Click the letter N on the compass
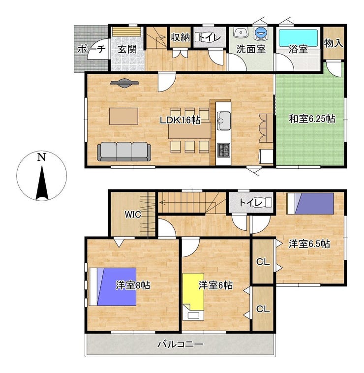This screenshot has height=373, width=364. coord(42,157)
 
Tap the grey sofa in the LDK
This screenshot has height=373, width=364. coord(124,152)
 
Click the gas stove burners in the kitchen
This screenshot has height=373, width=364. coord(224,150)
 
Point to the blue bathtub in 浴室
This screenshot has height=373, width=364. coord(298,38)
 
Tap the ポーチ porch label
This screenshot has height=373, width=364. coord(91,49)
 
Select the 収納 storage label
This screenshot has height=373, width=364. coord(181,37)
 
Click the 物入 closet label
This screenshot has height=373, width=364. coord(334,43)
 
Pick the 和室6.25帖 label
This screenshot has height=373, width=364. coord(312,119)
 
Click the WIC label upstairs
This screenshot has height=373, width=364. coord(133,215)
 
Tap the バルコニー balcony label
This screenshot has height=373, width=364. coord(181,344)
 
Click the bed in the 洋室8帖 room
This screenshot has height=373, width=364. coord(113,287)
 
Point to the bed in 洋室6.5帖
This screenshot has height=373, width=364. coord(310,204)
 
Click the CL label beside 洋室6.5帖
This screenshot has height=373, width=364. coord(263,262)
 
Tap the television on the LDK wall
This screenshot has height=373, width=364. coord(124,83)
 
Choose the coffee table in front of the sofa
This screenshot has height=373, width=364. coord(123,116)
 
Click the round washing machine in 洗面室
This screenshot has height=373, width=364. coord(261,32)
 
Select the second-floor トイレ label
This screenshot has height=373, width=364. coord(251,203)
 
